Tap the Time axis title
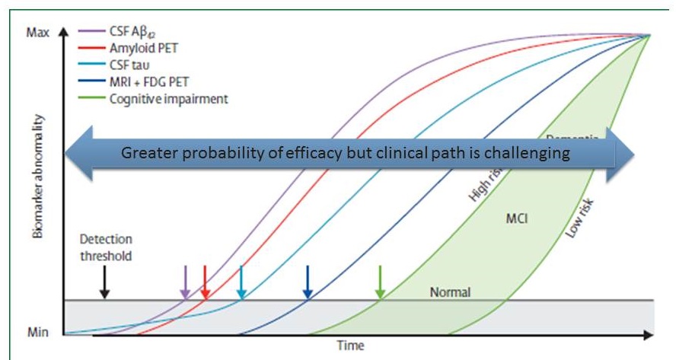(x=351, y=345)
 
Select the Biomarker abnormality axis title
(x=38, y=178)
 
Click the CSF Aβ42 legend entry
(x=122, y=33)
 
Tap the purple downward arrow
(x=184, y=282)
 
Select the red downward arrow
(x=204, y=282)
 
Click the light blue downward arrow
(x=241, y=282)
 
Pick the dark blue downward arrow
(x=308, y=282)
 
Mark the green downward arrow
(x=381, y=282)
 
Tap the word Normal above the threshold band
(x=450, y=292)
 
